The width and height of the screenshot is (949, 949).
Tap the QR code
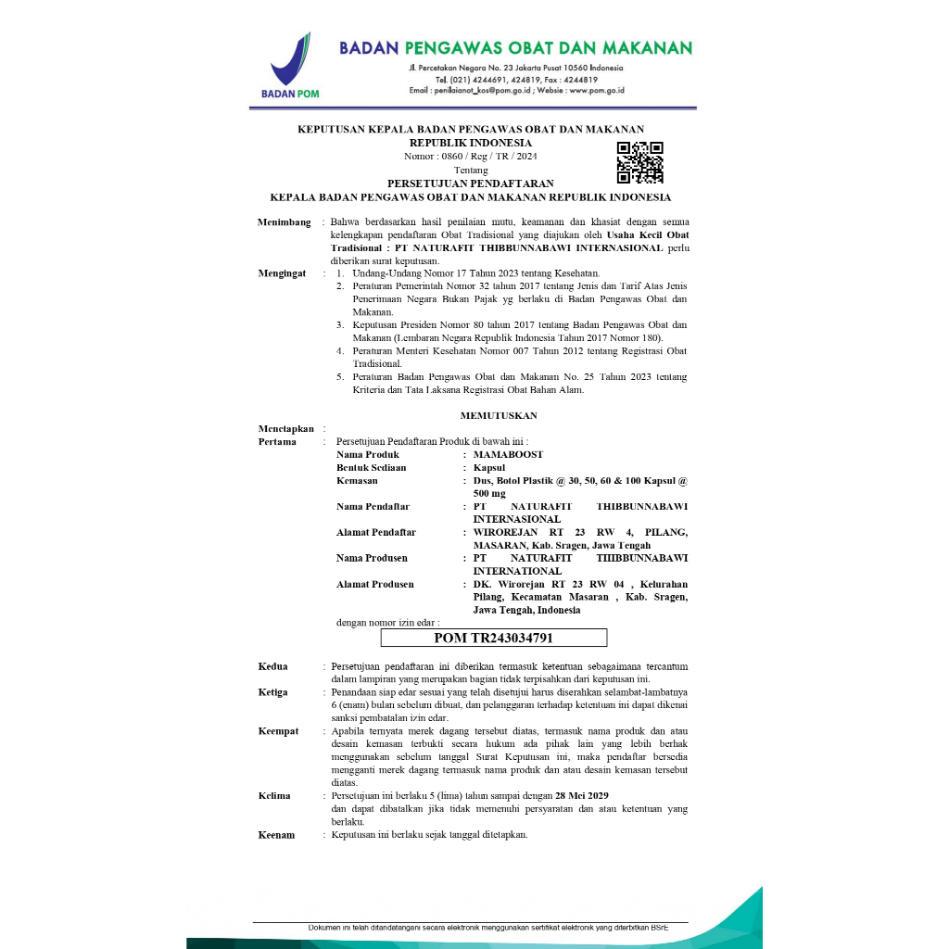pyautogui.click(x=640, y=163)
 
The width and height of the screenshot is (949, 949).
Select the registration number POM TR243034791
pyautogui.click(x=494, y=638)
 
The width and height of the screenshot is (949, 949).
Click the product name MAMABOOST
pyautogui.click(x=508, y=455)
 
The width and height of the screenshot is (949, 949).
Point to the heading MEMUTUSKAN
pyautogui.click(x=499, y=416)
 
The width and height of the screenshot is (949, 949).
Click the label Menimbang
pyautogui.click(x=284, y=223)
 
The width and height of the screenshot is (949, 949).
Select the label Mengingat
pyautogui.click(x=282, y=274)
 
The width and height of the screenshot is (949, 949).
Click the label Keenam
pyautogui.click(x=276, y=835)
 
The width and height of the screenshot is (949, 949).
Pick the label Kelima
pyautogui.click(x=274, y=796)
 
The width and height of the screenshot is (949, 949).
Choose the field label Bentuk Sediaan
pyautogui.click(x=371, y=468)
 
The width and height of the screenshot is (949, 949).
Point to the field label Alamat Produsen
pyautogui.click(x=374, y=585)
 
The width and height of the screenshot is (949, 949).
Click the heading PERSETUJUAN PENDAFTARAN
pyautogui.click(x=470, y=183)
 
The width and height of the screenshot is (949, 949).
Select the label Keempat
pyautogui.click(x=278, y=731)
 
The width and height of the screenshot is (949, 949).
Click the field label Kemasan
pyautogui.click(x=357, y=481)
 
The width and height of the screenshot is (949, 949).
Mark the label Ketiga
pyautogui.click(x=272, y=692)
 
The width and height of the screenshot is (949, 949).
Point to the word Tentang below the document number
pyautogui.click(x=471, y=170)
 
